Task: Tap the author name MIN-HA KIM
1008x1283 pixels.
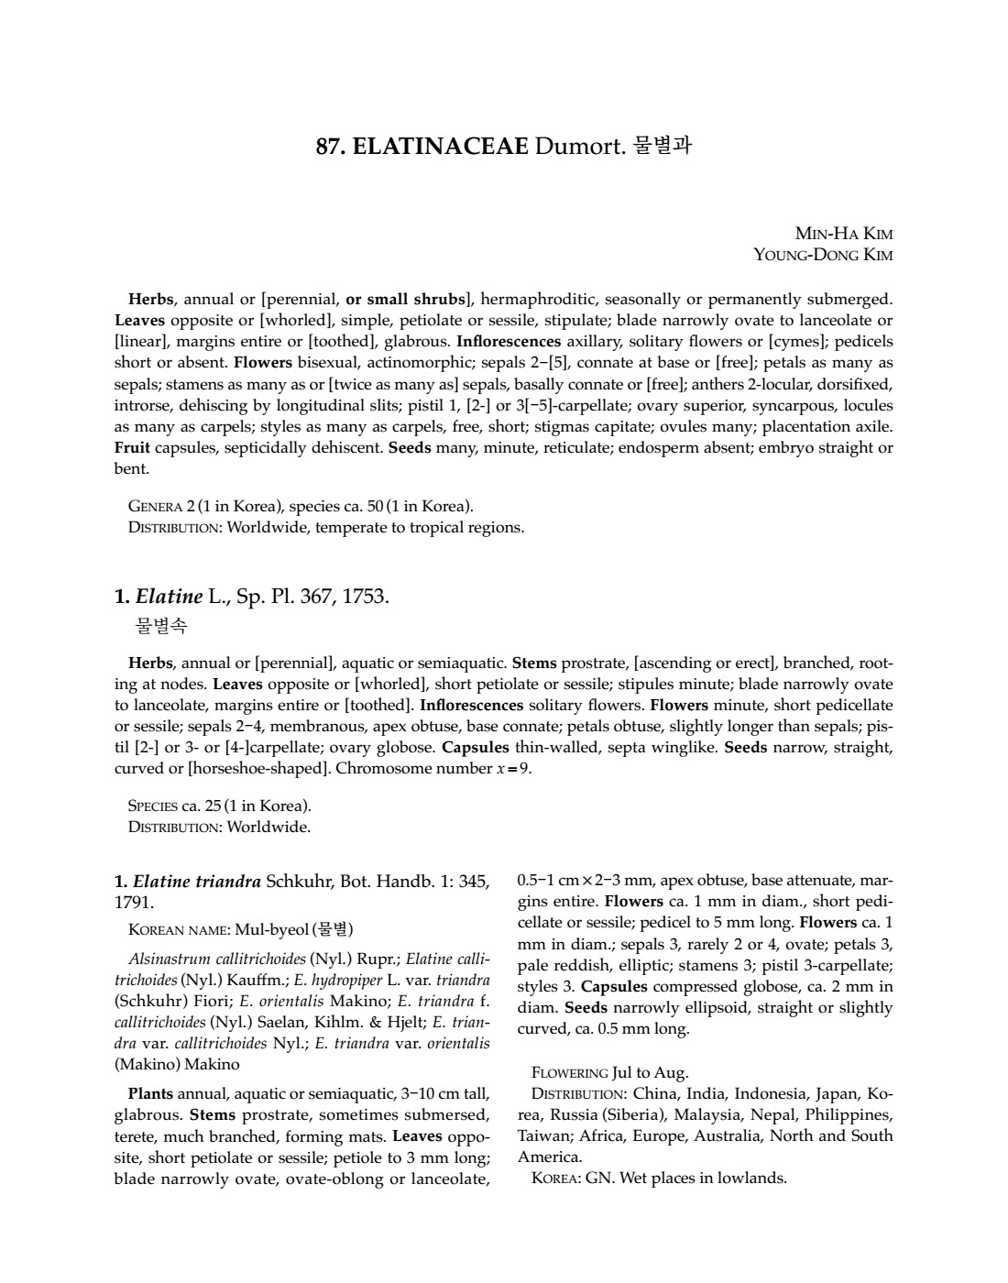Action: pyautogui.click(x=839, y=234)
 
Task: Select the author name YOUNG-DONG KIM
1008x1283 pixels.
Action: pyautogui.click(x=823, y=255)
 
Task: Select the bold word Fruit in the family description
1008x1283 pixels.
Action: pyautogui.click(x=132, y=448)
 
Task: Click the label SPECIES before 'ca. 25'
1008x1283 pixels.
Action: pyautogui.click(x=153, y=806)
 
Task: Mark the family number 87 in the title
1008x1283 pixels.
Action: pyautogui.click(x=330, y=146)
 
